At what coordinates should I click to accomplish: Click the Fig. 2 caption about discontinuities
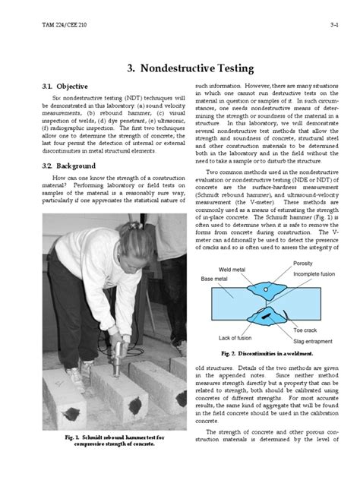(266, 354)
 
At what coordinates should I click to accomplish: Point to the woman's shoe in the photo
(74, 377)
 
